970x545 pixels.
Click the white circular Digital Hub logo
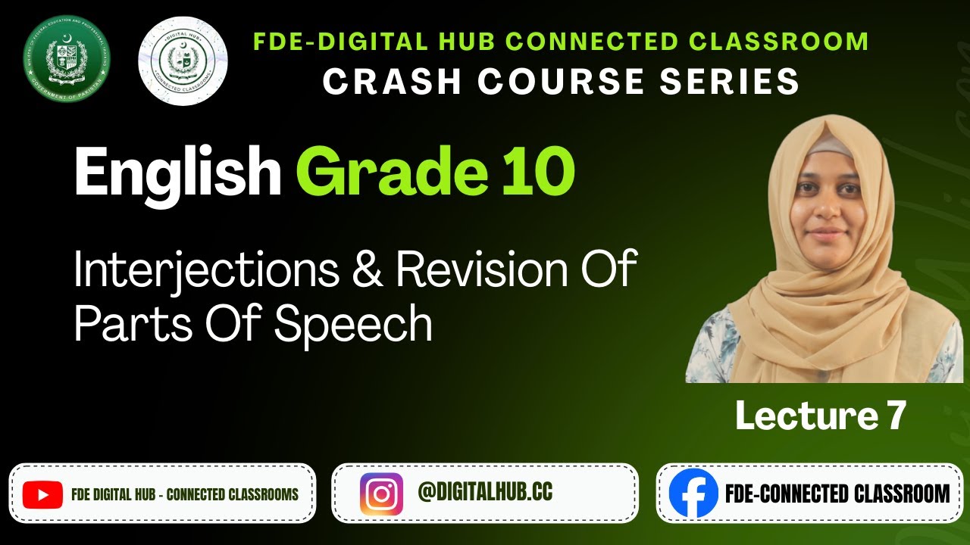click(x=183, y=61)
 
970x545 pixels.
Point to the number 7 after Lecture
click(x=895, y=416)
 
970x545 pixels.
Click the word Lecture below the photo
click(x=803, y=416)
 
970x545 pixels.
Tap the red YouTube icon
click(x=42, y=494)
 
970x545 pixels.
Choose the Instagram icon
click(x=381, y=494)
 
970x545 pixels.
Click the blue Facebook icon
click(x=693, y=494)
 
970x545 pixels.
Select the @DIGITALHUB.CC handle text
click(x=485, y=493)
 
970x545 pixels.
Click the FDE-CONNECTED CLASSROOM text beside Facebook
click(x=837, y=494)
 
